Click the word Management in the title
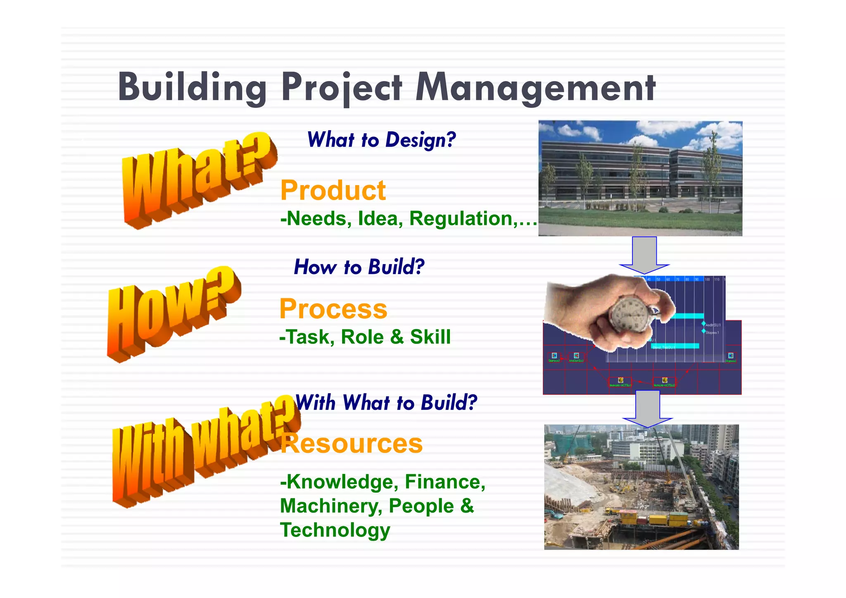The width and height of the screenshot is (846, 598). point(535,88)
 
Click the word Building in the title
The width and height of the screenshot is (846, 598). point(192,88)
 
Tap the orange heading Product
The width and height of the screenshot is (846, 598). point(333,191)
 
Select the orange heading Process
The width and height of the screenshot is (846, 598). point(333,309)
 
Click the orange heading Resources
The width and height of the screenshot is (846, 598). point(352,443)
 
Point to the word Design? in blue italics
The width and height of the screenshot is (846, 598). point(420,140)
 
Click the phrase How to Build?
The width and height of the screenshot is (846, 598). point(359,267)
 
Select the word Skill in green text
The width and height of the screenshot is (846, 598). point(430,337)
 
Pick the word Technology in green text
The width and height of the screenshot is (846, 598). point(335,530)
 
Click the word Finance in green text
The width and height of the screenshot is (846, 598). point(442,482)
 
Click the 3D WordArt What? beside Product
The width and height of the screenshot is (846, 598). point(198,180)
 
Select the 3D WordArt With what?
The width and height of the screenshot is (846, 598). point(204,453)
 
